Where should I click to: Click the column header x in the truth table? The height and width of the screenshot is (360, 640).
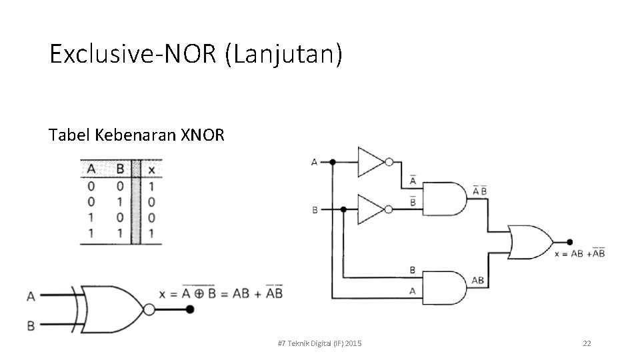point(151,170)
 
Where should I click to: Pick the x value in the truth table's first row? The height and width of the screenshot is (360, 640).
point(151,186)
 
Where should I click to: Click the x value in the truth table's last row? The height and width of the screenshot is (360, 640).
point(151,233)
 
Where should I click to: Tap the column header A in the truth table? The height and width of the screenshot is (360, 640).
point(91,170)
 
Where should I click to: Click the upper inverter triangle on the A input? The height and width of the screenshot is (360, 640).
point(371,161)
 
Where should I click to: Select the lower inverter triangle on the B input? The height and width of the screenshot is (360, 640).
point(371,209)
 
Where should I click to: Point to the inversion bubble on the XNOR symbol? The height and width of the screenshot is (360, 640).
point(149,309)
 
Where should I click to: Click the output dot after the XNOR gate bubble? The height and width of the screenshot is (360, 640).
point(190,309)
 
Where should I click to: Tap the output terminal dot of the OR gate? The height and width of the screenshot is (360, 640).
point(569,242)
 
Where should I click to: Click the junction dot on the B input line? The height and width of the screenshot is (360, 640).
point(343,209)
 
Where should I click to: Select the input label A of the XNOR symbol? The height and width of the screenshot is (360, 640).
point(31,296)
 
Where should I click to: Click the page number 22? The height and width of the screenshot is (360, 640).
point(587,343)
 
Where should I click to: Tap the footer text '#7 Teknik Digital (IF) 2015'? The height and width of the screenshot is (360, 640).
point(319,343)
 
